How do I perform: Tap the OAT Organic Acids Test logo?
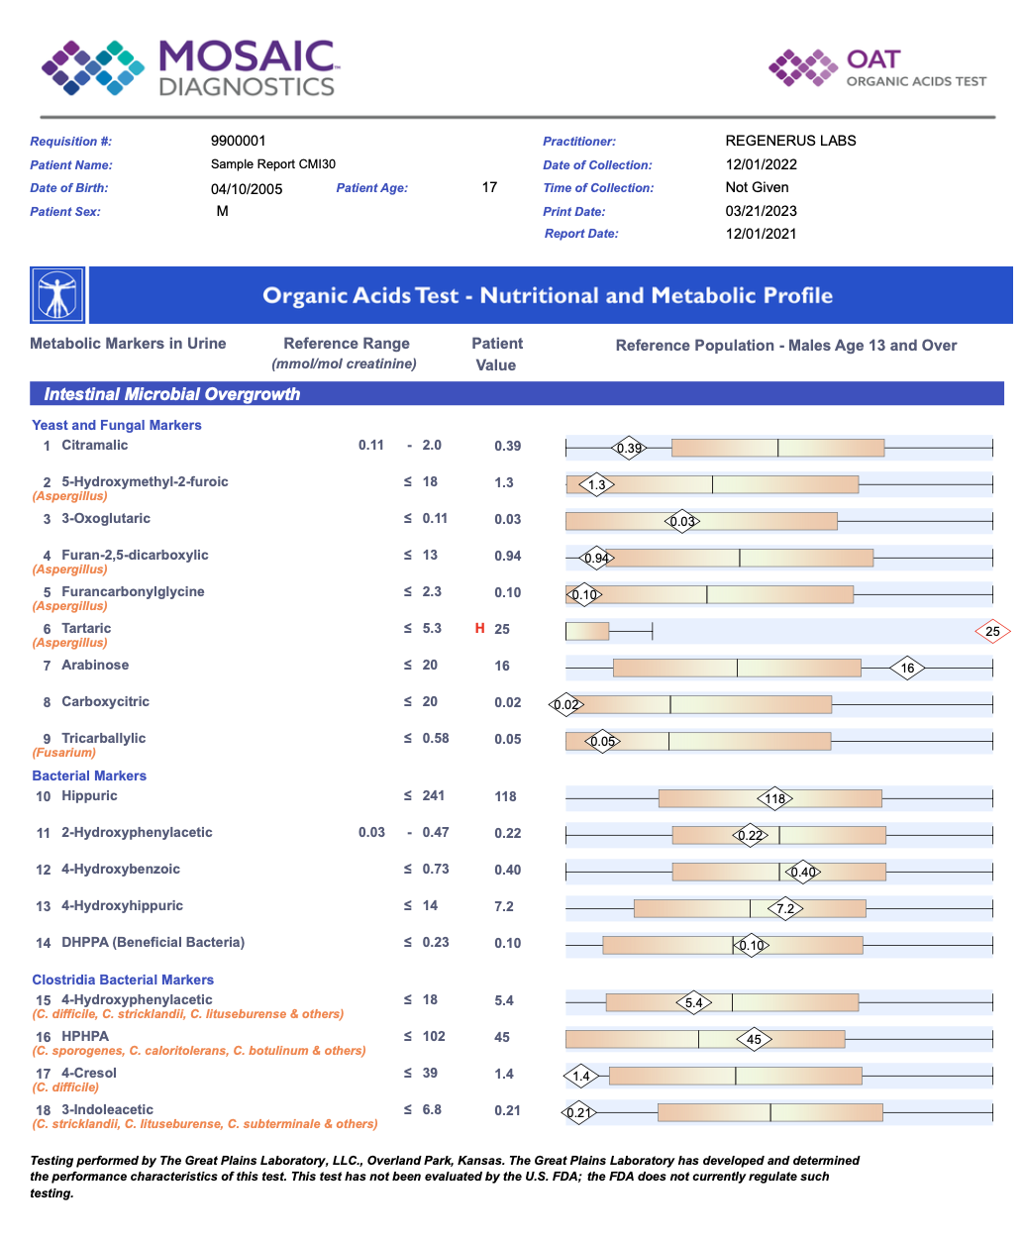click(877, 68)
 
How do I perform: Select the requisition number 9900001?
click(238, 141)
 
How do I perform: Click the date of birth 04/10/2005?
click(247, 189)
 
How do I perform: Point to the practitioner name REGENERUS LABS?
click(790, 141)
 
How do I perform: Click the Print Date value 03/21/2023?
click(761, 211)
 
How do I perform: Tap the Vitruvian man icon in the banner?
click(57, 295)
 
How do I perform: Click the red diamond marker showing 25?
click(992, 631)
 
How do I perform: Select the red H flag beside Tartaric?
click(479, 629)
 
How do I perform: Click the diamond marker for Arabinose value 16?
click(907, 668)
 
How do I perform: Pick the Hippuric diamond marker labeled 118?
click(774, 798)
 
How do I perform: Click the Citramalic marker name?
click(95, 446)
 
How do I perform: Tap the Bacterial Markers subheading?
click(89, 776)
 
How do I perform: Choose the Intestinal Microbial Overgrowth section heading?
click(171, 394)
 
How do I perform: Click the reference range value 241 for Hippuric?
click(433, 796)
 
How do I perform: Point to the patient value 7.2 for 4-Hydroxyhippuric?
click(504, 906)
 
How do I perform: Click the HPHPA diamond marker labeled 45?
click(754, 1039)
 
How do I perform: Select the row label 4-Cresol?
click(89, 1074)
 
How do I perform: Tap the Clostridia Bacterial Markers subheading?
click(123, 980)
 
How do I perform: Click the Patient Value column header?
click(496, 354)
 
